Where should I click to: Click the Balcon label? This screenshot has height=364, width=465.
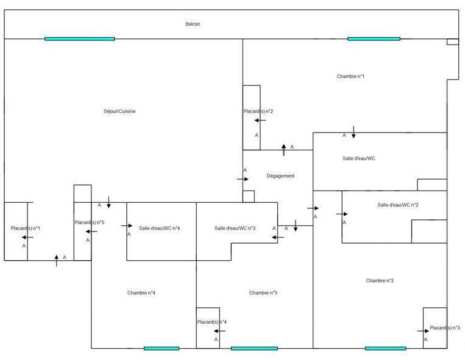193,24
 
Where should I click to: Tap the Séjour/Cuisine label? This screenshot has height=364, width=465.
119,111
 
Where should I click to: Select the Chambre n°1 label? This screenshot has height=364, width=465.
350,76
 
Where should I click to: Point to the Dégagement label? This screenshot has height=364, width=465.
280,176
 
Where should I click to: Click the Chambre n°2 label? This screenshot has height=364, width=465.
380,281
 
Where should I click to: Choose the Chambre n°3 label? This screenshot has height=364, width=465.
263,293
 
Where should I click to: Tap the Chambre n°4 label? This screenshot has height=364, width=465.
141,293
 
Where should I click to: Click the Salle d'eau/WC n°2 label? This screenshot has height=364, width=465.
397,205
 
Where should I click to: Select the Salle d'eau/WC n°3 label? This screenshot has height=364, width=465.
235,228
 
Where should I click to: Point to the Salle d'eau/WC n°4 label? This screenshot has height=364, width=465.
159,228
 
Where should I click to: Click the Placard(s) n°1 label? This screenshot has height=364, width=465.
26,228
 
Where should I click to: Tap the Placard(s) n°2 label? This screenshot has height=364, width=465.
258,111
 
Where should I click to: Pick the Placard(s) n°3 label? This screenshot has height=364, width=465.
445,328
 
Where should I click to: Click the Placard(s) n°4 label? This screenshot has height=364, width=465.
212,322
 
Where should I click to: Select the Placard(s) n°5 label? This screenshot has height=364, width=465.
90,222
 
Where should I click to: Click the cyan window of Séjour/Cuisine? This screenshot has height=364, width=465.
79,38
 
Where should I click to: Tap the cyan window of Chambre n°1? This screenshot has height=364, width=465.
374,38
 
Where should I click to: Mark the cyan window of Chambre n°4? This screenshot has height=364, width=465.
162,348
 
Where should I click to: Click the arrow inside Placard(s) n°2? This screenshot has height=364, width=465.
260,120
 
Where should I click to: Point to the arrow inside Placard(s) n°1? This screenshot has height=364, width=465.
27,237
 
